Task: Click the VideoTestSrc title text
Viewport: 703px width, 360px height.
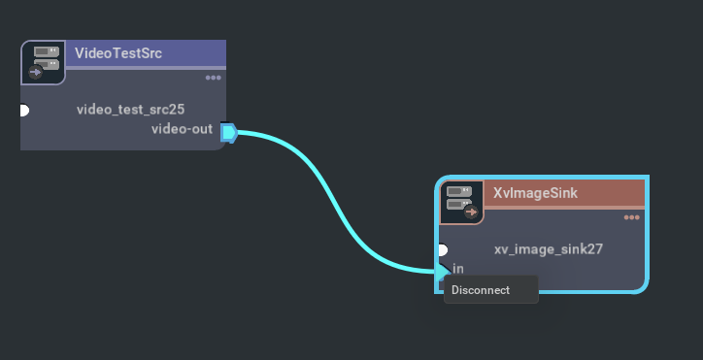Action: [x=117, y=53]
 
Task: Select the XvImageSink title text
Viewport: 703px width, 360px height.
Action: [x=535, y=193]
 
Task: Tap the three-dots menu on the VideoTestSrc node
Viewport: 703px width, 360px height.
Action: [x=213, y=78]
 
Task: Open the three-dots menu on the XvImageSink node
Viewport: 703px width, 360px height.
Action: [x=632, y=217]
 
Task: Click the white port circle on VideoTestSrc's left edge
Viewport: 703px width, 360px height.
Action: [x=23, y=110]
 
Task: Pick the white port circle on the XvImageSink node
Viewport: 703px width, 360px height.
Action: [x=442, y=249]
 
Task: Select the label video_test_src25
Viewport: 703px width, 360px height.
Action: [x=130, y=110]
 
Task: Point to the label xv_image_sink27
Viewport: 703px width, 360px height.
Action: [x=549, y=249]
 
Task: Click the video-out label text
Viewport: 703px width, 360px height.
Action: [x=183, y=129]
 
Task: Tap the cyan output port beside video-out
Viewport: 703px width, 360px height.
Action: [x=228, y=132]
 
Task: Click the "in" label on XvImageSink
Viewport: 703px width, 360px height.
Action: [x=458, y=268]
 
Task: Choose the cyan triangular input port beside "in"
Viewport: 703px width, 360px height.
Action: [x=443, y=271]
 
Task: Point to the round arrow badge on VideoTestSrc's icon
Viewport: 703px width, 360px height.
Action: [x=37, y=71]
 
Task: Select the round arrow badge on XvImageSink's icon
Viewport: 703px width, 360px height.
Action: [x=472, y=211]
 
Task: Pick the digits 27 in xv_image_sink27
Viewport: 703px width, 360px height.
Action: [x=594, y=249]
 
